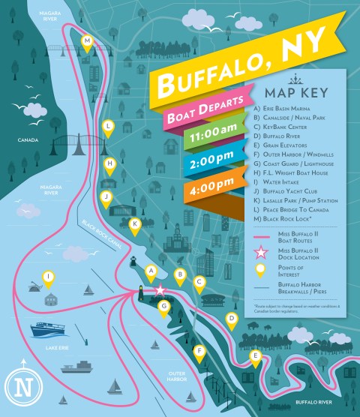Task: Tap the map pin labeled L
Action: (109, 127)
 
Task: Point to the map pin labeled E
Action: (256, 356)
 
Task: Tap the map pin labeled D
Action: (232, 319)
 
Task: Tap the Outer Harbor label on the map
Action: (177, 376)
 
